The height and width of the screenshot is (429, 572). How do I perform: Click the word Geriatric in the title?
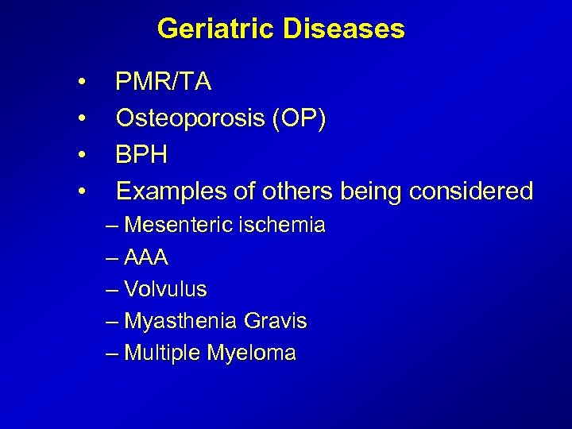pyautogui.click(x=209, y=29)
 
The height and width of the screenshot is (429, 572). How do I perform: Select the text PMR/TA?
pyautogui.click(x=163, y=82)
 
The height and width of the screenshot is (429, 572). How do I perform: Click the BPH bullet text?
pyautogui.click(x=141, y=154)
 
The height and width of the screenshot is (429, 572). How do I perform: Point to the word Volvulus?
pyautogui.click(x=165, y=289)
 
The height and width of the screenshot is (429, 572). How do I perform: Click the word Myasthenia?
pyautogui.click(x=180, y=322)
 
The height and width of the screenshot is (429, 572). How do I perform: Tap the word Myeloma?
pyautogui.click(x=251, y=354)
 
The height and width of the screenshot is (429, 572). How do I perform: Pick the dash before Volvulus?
pyautogui.click(x=110, y=290)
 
